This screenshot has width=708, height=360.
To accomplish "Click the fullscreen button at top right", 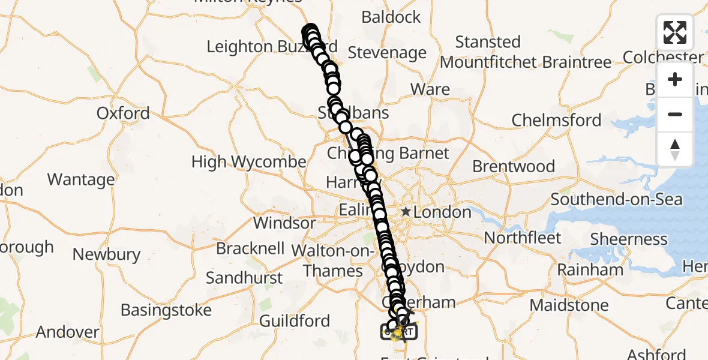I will pyautogui.click(x=675, y=32).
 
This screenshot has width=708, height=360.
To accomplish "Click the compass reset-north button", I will pyautogui.click(x=675, y=149).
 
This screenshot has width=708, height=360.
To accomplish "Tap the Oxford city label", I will pyautogui.click(x=123, y=113).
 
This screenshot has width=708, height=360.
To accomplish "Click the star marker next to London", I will pyautogui.click(x=406, y=211).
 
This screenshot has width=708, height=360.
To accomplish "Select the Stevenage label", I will pyautogui.click(x=387, y=53).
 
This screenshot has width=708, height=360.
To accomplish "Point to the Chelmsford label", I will pyautogui.click(x=556, y=120).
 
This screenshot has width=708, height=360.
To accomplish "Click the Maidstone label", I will pyautogui.click(x=569, y=305).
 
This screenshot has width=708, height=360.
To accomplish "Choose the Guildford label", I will pyautogui.click(x=295, y=321).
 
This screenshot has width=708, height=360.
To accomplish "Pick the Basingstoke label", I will pyautogui.click(x=166, y=310).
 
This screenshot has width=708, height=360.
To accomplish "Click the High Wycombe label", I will pyautogui.click(x=248, y=162).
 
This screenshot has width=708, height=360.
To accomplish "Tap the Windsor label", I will pyautogui.click(x=284, y=223).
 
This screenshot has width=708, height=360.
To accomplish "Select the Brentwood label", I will pyautogui.click(x=514, y=166).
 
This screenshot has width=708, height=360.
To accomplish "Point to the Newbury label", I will pyautogui.click(x=106, y=254).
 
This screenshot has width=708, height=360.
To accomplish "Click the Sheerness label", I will pyautogui.click(x=629, y=239).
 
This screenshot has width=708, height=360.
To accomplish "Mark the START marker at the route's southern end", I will pyautogui.click(x=398, y=331).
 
